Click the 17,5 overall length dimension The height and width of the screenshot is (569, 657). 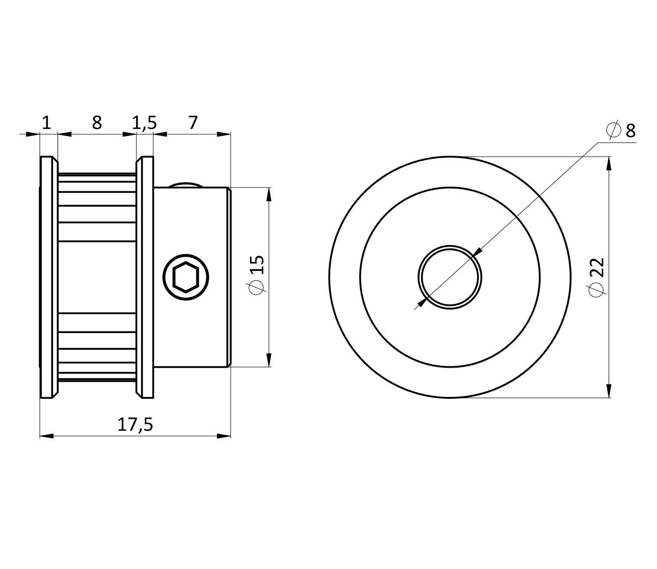point(135,425)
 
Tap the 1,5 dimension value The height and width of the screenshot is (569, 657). point(144,123)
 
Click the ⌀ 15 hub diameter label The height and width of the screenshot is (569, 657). point(257,274)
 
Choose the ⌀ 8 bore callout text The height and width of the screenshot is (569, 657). point(621,130)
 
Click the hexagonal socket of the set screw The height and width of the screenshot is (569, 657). point(186,277)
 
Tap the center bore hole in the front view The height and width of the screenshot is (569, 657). point(450,277)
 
